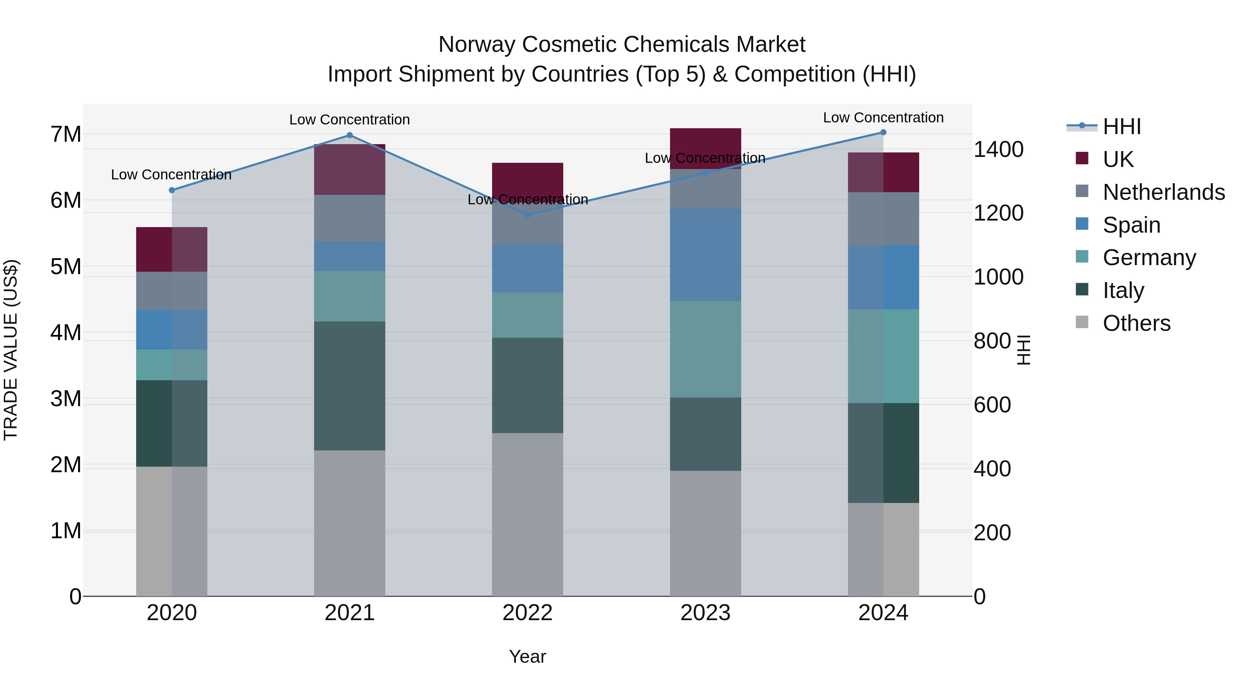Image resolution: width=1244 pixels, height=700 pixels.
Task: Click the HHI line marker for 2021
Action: pos(350,135)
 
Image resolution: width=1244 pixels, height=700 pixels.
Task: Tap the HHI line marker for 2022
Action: pos(527,214)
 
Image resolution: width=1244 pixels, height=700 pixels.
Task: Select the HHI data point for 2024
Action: pos(883,132)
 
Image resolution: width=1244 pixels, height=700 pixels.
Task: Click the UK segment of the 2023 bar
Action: pos(705,148)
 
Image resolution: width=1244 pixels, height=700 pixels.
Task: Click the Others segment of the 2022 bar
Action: pos(527,514)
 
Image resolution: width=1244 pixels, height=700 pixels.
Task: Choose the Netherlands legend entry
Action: pos(1163,192)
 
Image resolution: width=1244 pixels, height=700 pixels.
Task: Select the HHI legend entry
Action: pos(1121,127)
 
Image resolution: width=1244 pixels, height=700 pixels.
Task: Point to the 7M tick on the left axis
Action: pos(66,134)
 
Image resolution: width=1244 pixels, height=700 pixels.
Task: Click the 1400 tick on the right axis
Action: pos(998,149)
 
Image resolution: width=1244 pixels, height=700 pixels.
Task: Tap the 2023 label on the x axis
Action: pos(705,613)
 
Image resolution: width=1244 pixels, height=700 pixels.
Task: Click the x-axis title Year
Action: pos(527,656)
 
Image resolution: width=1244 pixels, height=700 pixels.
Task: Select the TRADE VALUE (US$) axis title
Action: pos(11,350)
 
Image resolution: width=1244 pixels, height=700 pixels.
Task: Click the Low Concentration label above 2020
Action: pos(171,175)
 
